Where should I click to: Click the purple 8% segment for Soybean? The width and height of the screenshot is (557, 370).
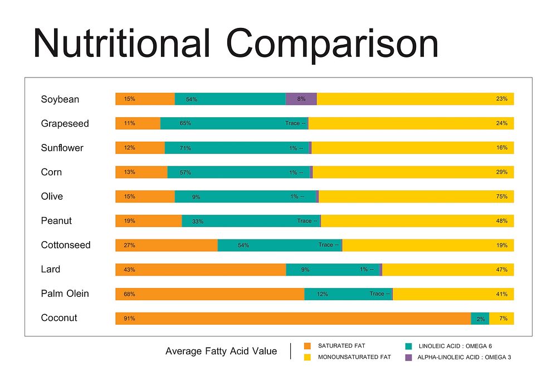[301, 99]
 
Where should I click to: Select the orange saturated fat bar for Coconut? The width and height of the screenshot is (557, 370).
[293, 319]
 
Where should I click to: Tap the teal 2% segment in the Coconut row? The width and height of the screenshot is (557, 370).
[480, 319]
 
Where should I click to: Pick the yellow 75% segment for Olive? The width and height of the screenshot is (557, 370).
[416, 196]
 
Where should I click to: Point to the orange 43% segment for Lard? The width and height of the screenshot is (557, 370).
[201, 270]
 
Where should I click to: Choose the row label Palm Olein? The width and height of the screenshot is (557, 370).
[65, 294]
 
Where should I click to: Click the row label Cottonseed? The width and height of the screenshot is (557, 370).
[66, 245]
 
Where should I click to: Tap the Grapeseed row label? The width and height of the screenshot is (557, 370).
[65, 123]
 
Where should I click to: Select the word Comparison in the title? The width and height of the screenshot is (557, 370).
[333, 43]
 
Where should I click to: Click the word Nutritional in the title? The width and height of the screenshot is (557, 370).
[121, 43]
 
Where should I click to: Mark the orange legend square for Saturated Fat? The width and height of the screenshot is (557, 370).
[307, 346]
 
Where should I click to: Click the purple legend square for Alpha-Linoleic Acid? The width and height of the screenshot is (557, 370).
[408, 357]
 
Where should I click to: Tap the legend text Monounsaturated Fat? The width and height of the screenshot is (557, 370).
[354, 357]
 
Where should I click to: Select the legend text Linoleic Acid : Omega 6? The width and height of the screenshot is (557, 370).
[455, 346]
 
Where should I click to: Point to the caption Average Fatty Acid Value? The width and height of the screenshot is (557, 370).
[221, 351]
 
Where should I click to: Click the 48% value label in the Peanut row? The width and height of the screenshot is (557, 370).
[502, 221]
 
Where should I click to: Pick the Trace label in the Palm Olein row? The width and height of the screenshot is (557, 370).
[377, 294]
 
